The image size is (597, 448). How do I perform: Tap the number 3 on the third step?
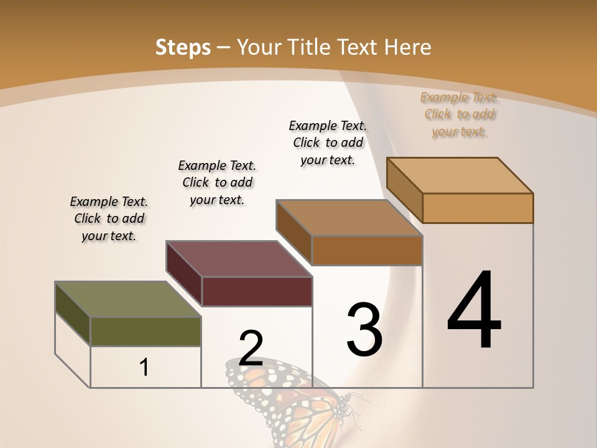(x=364, y=329)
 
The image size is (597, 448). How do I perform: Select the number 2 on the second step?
(x=251, y=348)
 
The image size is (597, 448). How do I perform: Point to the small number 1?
(x=144, y=367)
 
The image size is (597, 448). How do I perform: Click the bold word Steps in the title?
(x=183, y=47)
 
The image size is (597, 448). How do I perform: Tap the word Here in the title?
(x=407, y=47)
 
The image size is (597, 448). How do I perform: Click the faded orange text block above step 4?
(x=460, y=114)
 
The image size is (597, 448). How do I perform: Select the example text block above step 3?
(x=328, y=142)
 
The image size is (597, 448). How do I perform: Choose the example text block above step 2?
(x=217, y=182)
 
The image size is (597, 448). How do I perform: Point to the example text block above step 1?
(x=109, y=218)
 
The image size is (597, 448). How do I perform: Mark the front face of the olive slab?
(x=146, y=332)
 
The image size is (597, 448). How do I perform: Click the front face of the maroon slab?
(x=257, y=291)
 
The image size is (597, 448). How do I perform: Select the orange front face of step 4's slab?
(x=478, y=208)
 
